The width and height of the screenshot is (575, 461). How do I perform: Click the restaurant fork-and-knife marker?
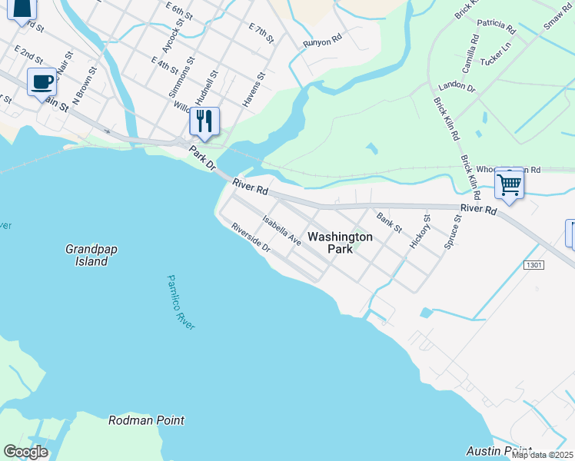(x=204, y=121)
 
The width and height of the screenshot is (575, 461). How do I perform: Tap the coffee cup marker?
(x=42, y=82)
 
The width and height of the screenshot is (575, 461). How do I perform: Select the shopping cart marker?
(x=509, y=183)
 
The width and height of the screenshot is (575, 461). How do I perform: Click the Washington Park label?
(x=340, y=243)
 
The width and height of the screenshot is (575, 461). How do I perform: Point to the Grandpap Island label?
(x=86, y=255)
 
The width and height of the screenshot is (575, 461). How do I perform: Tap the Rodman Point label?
(x=146, y=420)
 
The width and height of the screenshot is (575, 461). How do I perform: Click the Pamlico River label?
(x=181, y=303)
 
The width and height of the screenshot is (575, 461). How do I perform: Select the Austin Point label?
(x=499, y=450)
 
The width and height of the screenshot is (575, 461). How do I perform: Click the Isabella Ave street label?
(x=281, y=230)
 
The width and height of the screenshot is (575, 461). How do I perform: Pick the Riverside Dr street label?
(x=251, y=237)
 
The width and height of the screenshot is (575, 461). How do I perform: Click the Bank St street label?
(x=389, y=222)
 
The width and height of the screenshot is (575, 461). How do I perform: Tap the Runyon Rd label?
(x=321, y=41)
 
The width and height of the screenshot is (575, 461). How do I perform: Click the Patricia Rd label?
(x=496, y=27)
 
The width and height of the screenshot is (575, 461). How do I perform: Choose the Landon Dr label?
(x=457, y=87)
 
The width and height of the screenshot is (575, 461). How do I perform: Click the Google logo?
(x=25, y=452)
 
